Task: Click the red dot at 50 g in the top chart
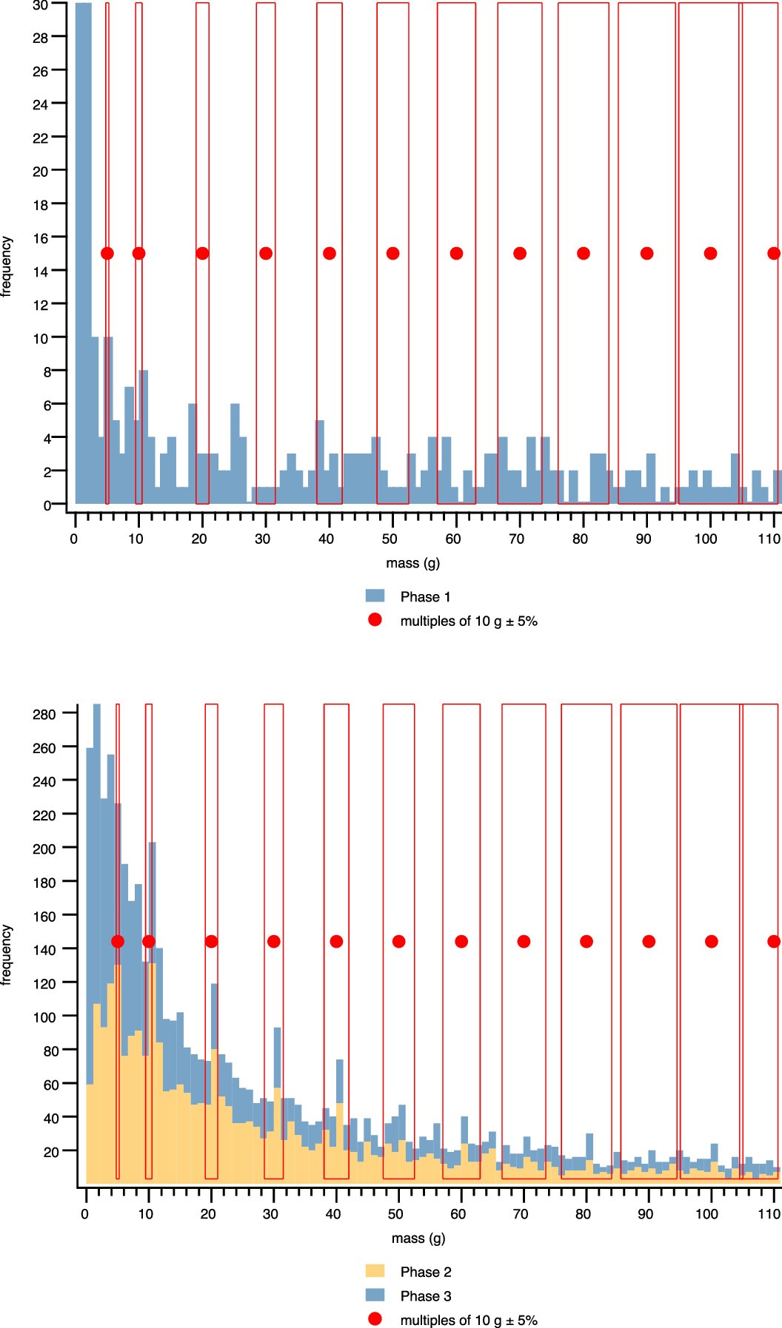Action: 392,254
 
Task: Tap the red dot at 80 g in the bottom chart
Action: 586,941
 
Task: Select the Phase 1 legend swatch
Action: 375,596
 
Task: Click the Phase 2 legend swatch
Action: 375,1271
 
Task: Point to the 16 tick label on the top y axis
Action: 40,238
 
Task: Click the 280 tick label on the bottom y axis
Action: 44,715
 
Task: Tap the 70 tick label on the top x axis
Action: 516,539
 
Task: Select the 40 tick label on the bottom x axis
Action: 333,1214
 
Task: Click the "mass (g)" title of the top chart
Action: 412,563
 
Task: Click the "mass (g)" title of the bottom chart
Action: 418,1238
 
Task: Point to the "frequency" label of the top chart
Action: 7,266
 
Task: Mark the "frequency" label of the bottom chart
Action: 7,954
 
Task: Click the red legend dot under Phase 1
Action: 375,620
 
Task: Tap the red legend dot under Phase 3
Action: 375,1319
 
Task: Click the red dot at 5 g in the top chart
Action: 107,254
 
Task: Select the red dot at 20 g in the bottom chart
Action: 211,941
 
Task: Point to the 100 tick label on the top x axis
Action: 705,539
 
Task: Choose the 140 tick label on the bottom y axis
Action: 44,950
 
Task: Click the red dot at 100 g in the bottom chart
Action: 711,941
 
